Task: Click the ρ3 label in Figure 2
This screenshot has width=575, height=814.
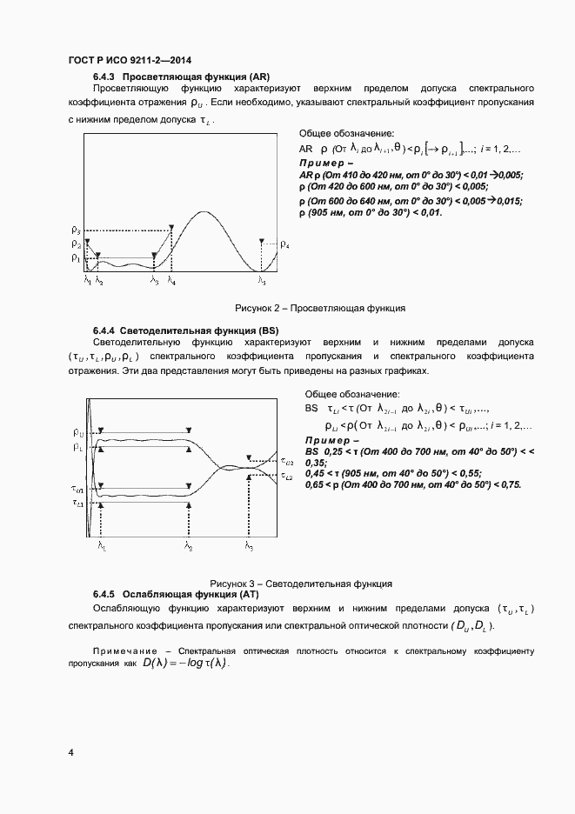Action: pos(76,230)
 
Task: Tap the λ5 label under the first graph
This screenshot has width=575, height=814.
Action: pos(261,281)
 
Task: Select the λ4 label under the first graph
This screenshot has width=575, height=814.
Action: pos(170,281)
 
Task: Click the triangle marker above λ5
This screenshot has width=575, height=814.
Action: pos(261,241)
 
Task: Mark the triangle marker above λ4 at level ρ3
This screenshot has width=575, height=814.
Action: pos(173,228)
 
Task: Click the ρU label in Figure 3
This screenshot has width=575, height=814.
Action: pos(78,431)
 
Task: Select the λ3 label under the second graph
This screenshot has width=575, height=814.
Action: pos(250,545)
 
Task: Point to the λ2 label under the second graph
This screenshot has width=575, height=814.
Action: pos(188,545)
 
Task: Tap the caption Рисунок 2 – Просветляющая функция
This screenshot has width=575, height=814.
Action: pos(319,308)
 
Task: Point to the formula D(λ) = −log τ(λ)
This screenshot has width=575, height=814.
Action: pos(184,664)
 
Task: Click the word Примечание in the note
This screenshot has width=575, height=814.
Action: pos(126,651)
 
